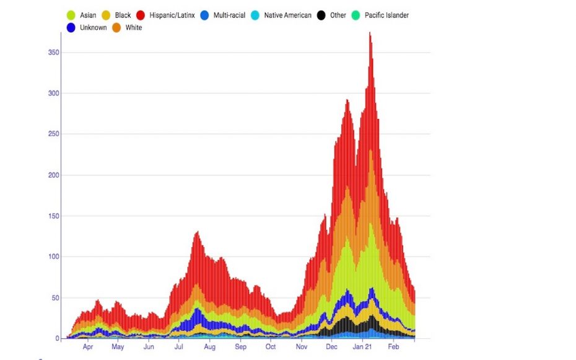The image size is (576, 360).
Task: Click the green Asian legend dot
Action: [x=71, y=15]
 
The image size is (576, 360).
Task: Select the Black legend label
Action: [x=123, y=15]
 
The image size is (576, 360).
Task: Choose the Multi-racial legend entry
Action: [x=231, y=15]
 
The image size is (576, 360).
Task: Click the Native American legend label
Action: [x=287, y=15]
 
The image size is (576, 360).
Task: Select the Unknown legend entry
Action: [x=93, y=28]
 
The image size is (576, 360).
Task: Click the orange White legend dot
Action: [x=116, y=28]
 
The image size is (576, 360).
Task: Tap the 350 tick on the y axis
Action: [x=54, y=53]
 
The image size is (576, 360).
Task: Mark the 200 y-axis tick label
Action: [x=54, y=175]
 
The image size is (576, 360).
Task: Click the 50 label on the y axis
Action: [x=56, y=298]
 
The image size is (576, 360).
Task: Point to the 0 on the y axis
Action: [x=58, y=339]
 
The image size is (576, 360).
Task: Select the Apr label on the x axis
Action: [x=87, y=348]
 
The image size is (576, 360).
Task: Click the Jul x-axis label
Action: [x=178, y=348]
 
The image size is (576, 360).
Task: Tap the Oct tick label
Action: [x=270, y=348]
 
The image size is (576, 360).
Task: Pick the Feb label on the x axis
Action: [x=393, y=348]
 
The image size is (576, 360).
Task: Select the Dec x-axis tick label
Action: [x=331, y=348]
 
